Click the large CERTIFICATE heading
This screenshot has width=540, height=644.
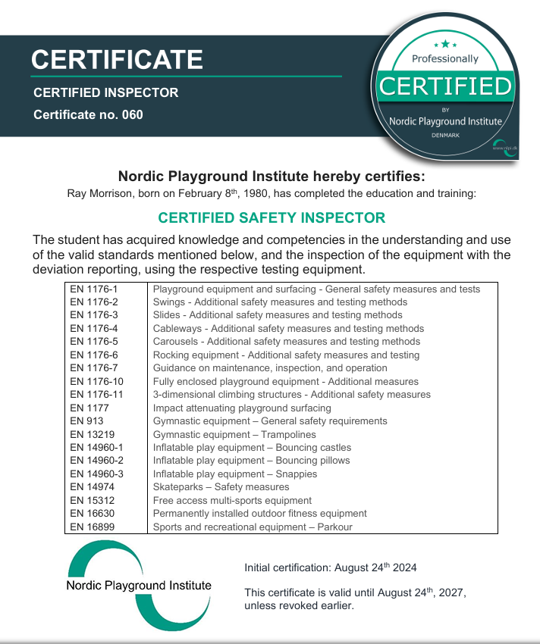tap(117, 59)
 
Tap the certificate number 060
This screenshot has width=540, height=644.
tap(132, 115)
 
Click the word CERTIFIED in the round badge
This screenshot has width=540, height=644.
tap(445, 86)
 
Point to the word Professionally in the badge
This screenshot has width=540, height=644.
tap(445, 58)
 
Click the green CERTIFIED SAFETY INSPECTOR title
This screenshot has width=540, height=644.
tap(271, 217)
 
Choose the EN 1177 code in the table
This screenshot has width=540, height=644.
tap(87, 408)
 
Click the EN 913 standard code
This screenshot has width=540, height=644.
tap(84, 420)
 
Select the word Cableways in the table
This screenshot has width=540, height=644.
tap(178, 328)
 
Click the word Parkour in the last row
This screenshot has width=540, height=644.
tap(334, 527)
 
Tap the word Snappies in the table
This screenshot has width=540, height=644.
tap(298, 474)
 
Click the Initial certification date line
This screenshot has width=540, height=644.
tap(330, 567)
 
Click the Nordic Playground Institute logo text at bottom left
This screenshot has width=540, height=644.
tap(139, 586)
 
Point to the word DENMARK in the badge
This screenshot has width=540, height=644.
tap(445, 134)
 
